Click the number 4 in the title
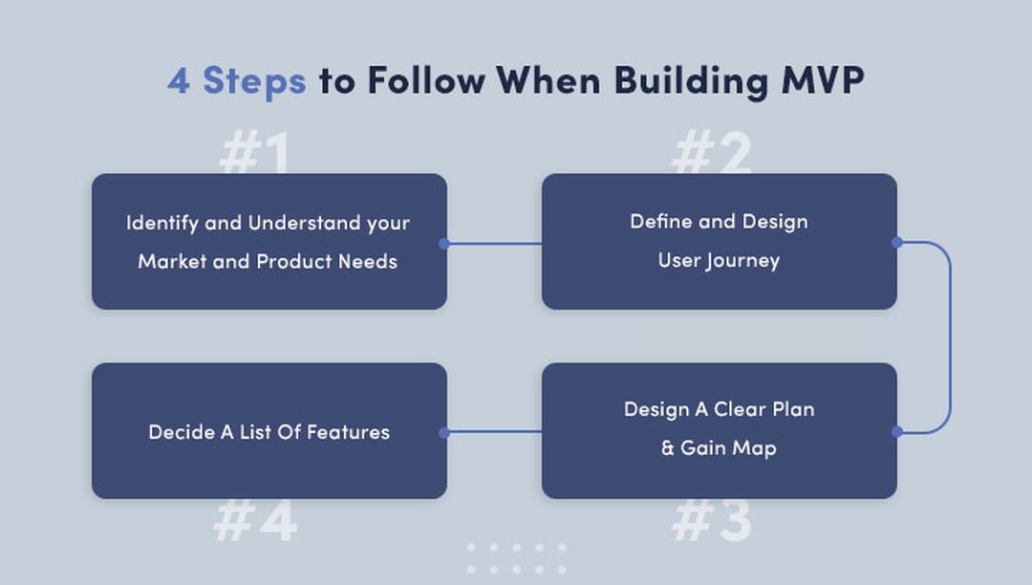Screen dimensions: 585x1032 click(179, 80)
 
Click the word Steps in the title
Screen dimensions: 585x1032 click(254, 81)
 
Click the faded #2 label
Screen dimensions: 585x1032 click(712, 153)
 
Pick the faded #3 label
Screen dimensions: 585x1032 click(712, 520)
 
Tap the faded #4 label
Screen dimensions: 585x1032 click(255, 520)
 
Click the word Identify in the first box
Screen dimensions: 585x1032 click(161, 223)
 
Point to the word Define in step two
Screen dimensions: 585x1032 click(661, 222)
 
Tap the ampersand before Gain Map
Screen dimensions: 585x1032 click(668, 447)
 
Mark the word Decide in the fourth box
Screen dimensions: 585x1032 click(181, 432)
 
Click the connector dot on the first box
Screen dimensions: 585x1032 click(443, 244)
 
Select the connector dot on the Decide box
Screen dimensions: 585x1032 click(443, 433)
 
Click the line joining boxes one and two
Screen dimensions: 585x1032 click(493, 244)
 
